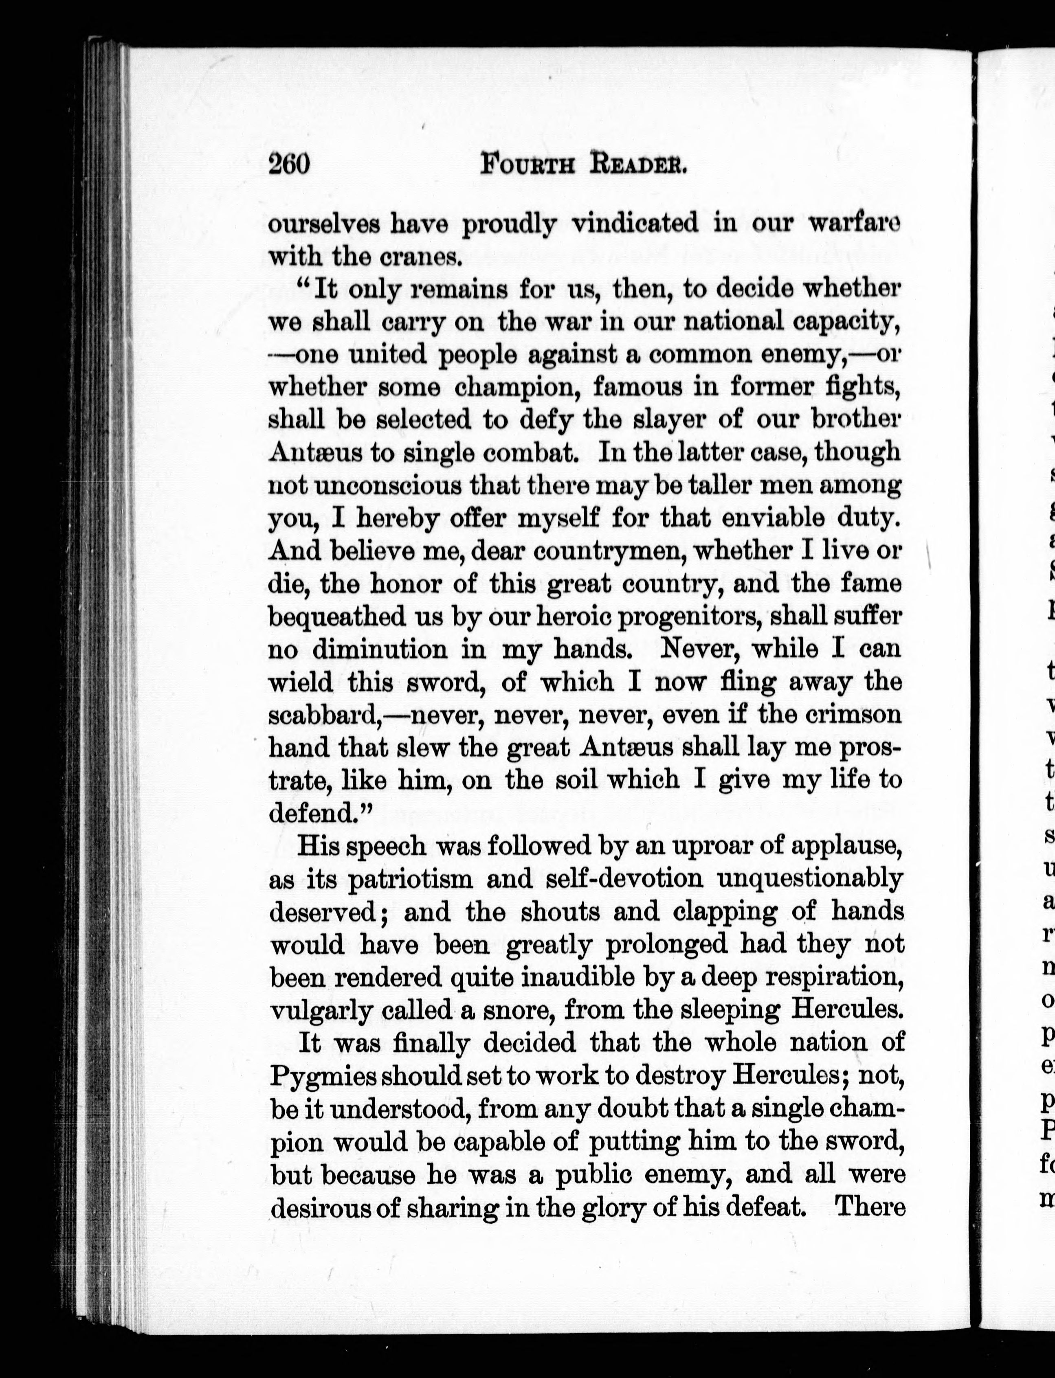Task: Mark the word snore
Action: click(519, 1009)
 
